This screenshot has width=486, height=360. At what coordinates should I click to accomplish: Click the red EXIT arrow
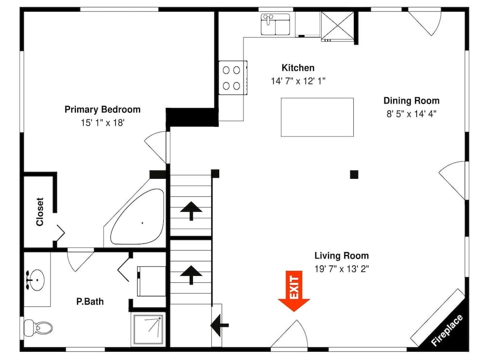(x=294, y=291)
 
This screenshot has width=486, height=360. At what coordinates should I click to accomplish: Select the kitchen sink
(x=275, y=24)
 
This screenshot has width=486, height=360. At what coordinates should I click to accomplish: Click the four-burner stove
(x=232, y=78)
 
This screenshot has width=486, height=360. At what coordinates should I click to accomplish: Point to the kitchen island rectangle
(x=317, y=117)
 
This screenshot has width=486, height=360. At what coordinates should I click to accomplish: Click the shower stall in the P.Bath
(x=149, y=328)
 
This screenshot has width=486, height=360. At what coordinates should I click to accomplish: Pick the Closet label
(x=40, y=212)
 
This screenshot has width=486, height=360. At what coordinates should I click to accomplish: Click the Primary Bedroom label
(x=103, y=109)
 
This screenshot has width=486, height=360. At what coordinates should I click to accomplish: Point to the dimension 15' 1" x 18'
(x=103, y=123)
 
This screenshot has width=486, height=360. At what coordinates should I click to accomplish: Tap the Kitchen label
(x=298, y=68)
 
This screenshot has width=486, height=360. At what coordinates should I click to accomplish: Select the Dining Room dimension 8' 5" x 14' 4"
(x=411, y=114)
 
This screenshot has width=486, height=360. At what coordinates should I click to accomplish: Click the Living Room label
(x=341, y=256)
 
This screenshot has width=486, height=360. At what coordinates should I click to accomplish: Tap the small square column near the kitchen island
(x=354, y=174)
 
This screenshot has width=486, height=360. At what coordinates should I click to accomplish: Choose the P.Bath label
(x=90, y=302)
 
